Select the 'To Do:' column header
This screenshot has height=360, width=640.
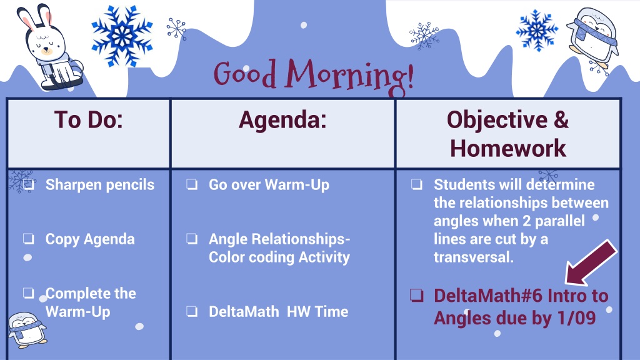tap(89, 120)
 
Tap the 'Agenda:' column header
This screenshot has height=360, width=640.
tap(282, 120)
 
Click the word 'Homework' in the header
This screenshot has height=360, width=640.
tap(507, 148)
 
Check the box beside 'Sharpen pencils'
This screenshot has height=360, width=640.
tap(29, 184)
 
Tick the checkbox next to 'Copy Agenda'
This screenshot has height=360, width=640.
tap(29, 238)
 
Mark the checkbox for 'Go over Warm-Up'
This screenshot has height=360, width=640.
tap(192, 184)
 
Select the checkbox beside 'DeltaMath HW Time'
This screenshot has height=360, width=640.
tap(192, 311)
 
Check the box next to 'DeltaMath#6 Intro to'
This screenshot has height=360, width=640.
tap(417, 295)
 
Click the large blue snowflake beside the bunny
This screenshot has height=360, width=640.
tap(122, 36)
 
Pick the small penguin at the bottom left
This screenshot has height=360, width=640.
tap(27, 330)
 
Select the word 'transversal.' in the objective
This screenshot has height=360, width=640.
tap(474, 257)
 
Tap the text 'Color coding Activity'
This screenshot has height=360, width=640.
tap(279, 257)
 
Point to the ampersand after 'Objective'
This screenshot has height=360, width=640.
tap(561, 120)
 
